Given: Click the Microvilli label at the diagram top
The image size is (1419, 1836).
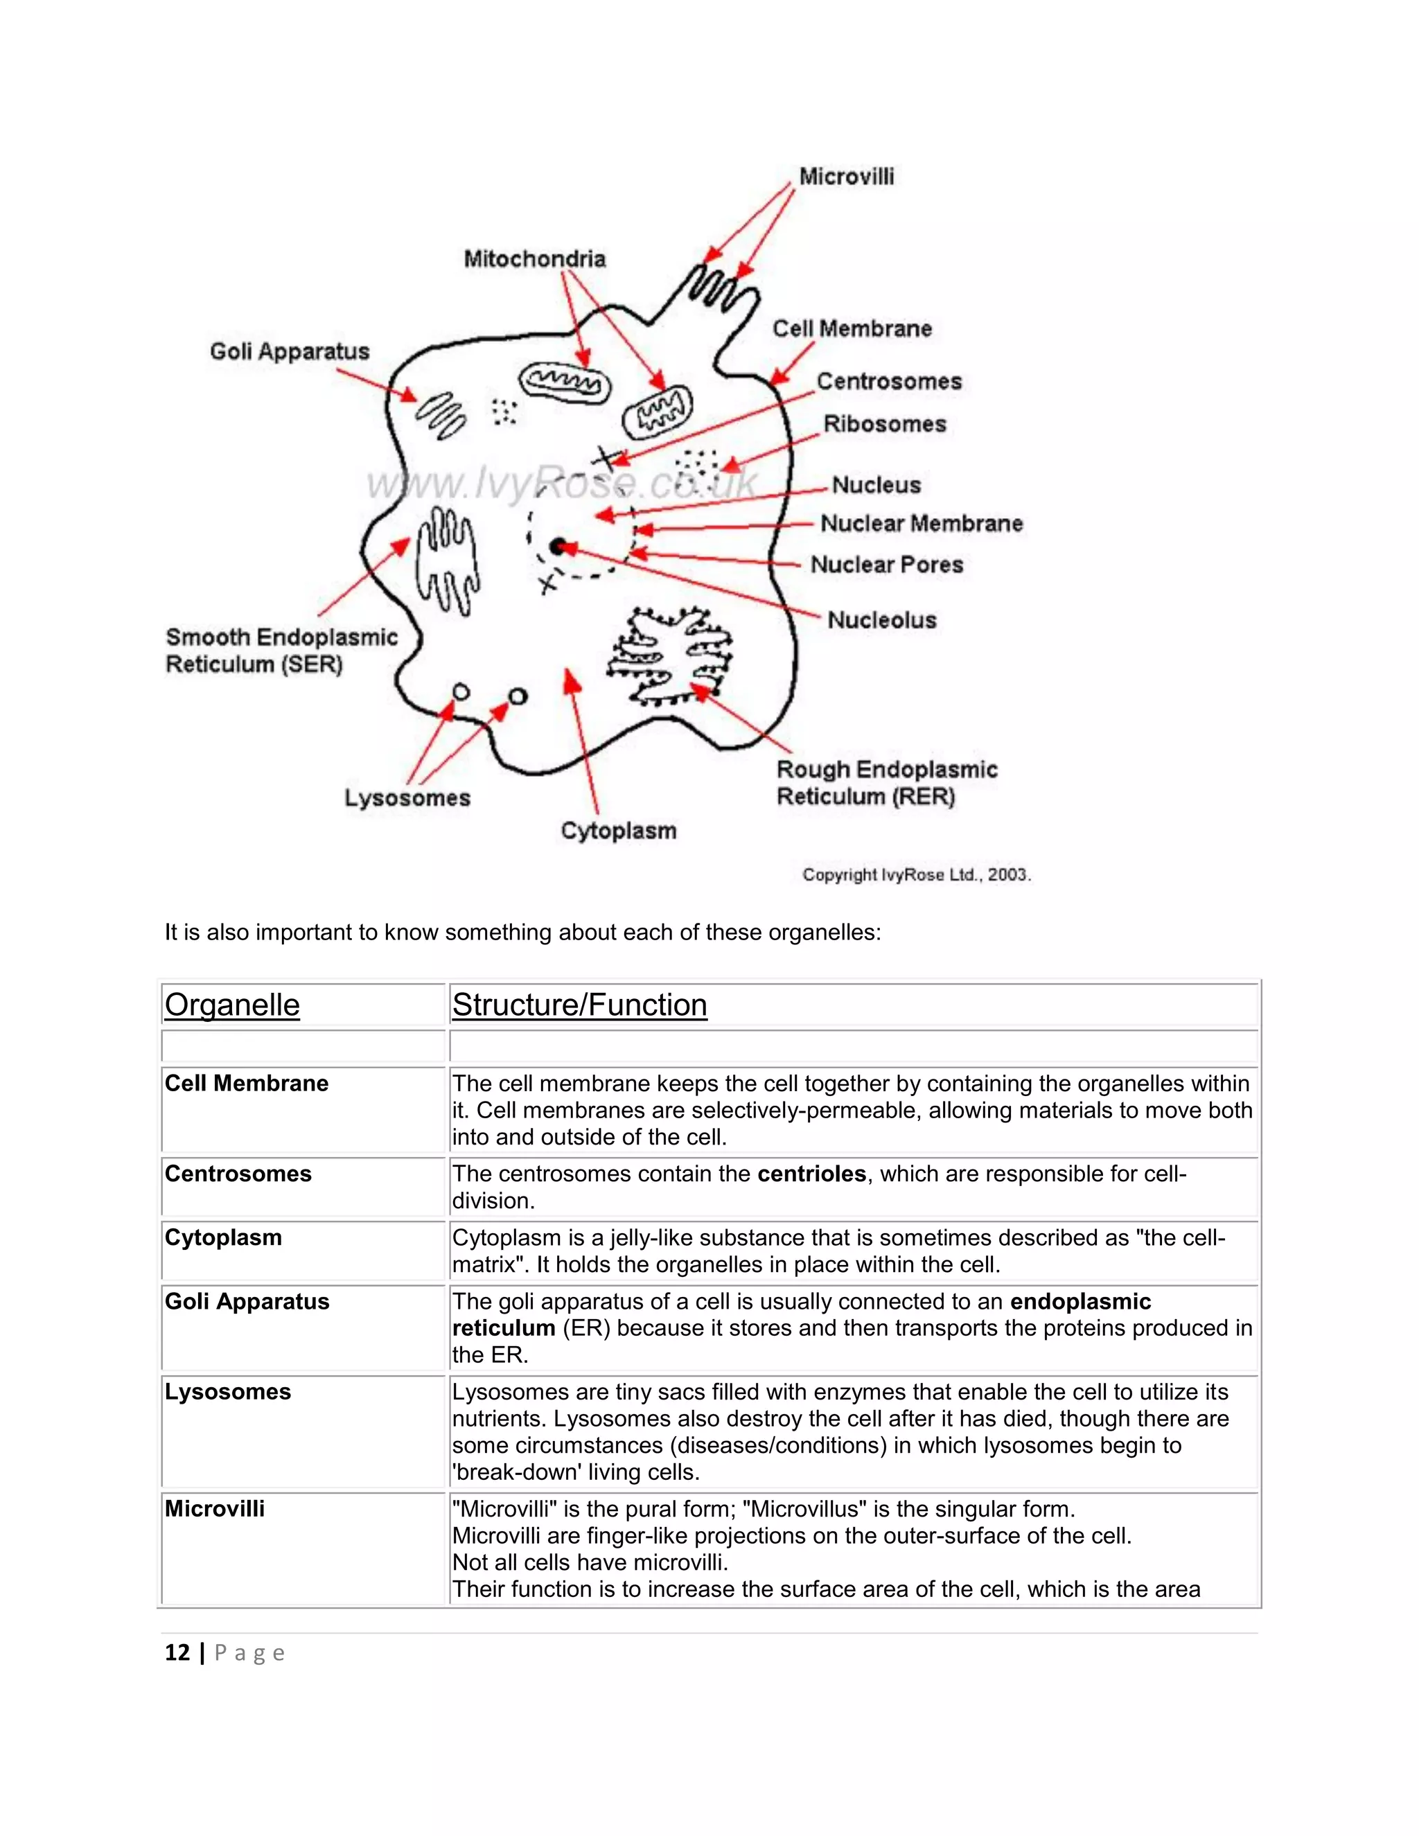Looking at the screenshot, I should [x=846, y=177].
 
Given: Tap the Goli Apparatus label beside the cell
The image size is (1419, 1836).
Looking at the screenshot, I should [x=289, y=351].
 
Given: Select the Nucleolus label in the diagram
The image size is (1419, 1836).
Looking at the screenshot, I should [x=881, y=620].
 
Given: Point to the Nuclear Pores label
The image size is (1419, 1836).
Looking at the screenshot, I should [x=886, y=565].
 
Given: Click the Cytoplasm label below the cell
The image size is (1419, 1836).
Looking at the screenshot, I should [x=618, y=831].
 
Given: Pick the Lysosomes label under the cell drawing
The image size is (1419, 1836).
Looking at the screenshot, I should [x=407, y=797].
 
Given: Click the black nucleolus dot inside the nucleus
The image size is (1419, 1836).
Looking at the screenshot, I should [x=557, y=547].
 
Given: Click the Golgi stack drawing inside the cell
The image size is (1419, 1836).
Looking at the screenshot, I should [x=441, y=415].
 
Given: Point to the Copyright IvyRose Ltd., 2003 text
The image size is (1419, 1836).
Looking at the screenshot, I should [x=916, y=875].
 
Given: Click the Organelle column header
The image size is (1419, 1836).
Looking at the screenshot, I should [x=232, y=1005].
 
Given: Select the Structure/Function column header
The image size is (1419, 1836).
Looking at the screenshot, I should [x=579, y=1005].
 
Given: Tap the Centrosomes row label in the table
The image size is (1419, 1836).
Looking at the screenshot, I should [x=238, y=1174].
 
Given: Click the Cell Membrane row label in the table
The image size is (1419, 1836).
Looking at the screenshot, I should [x=246, y=1083].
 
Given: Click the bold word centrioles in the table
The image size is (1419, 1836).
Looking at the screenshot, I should [x=811, y=1174].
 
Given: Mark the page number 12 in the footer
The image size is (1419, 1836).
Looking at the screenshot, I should [x=177, y=1652].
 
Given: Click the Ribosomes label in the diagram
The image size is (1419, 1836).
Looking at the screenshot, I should [x=884, y=424].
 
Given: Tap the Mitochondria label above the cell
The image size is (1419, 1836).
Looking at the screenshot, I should [x=535, y=259].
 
